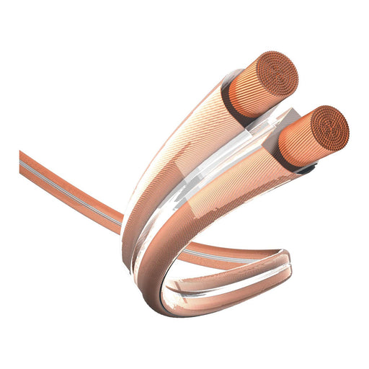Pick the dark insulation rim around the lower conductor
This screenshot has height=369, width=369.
point(306,171)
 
